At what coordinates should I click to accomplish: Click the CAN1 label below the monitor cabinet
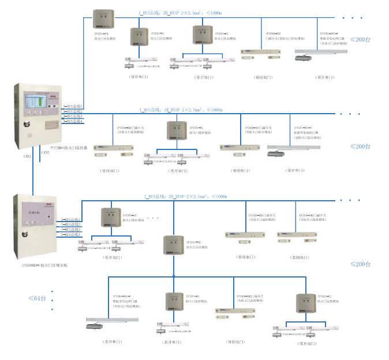(x=27, y=156)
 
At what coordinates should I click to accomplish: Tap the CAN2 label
(x=45, y=152)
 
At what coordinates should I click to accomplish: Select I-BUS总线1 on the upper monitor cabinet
(x=73, y=107)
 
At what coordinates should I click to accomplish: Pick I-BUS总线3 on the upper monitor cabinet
(x=73, y=117)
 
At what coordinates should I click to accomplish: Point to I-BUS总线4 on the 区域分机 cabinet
(x=72, y=235)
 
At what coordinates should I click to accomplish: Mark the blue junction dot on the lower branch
(x=174, y=276)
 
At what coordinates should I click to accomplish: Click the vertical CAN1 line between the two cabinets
(x=31, y=173)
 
